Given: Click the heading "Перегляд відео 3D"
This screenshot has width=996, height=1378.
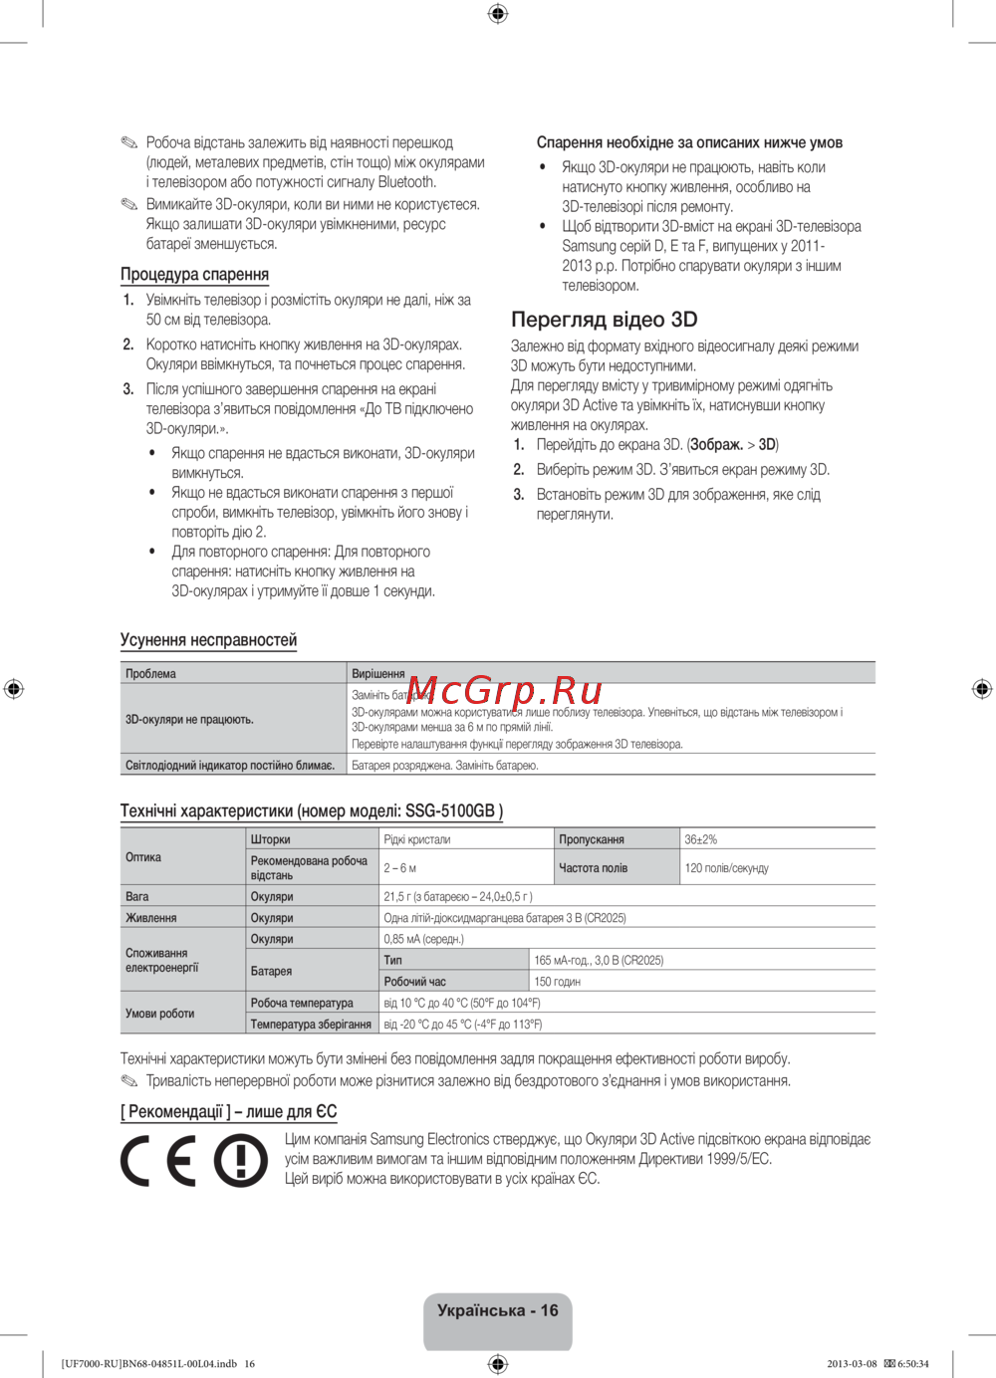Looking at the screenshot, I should pyautogui.click(x=604, y=320).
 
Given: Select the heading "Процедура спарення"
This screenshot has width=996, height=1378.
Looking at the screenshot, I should pyautogui.click(x=194, y=274).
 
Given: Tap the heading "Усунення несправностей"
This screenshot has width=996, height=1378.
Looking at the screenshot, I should pyautogui.click(x=208, y=640).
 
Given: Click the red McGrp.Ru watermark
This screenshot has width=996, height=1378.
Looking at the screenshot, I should pyautogui.click(x=504, y=689).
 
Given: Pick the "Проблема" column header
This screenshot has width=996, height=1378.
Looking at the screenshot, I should pyautogui.click(x=150, y=674).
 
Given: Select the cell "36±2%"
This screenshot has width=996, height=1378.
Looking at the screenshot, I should pyautogui.click(x=700, y=839).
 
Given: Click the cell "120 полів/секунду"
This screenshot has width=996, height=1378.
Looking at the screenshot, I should pyautogui.click(x=726, y=868).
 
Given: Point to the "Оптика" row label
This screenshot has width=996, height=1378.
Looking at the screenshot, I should pyautogui.click(x=143, y=857).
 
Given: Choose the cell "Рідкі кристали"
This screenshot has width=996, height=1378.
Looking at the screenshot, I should pyautogui.click(x=416, y=839).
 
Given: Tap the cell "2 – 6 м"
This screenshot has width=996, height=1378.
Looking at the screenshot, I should pyautogui.click(x=400, y=868).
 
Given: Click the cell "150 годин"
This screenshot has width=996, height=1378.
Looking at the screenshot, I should pyautogui.click(x=557, y=982).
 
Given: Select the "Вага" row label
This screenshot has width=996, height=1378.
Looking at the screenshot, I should pyautogui.click(x=137, y=897).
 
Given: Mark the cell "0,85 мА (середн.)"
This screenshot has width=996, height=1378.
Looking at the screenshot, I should pyautogui.click(x=423, y=939).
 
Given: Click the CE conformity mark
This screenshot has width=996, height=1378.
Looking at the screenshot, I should pyautogui.click(x=158, y=1161).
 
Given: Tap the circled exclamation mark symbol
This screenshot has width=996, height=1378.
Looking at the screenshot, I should pyautogui.click(x=241, y=1161).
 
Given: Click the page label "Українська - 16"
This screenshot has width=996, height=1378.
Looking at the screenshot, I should pyautogui.click(x=497, y=1311).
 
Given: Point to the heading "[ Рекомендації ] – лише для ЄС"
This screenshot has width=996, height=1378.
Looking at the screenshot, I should pyautogui.click(x=229, y=1112).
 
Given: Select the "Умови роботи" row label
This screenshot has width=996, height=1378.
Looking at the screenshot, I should pyautogui.click(x=159, y=1014).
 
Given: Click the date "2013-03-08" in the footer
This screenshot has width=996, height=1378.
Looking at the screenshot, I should pyautogui.click(x=852, y=1364).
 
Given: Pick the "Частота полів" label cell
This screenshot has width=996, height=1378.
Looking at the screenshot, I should pyautogui.click(x=593, y=868).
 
